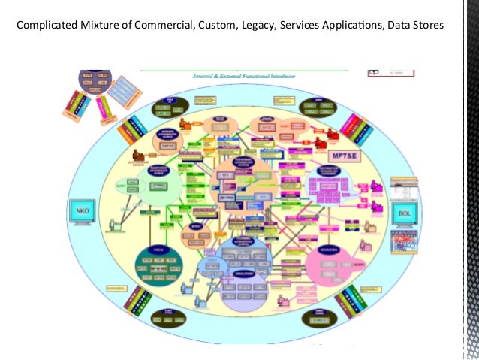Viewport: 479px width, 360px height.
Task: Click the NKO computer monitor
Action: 80,211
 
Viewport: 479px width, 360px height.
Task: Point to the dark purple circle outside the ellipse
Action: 95,83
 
